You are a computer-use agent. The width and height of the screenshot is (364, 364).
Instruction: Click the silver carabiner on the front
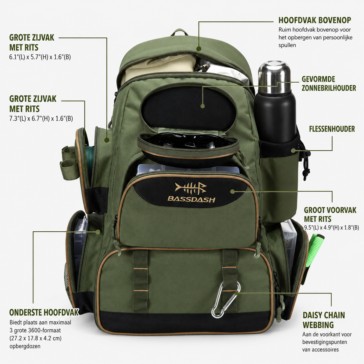pyautogui.click(x=226, y=300)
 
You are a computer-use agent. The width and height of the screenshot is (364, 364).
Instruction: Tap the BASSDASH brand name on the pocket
pyautogui.click(x=192, y=199)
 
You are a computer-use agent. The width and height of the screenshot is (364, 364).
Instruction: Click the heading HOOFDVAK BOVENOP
pyautogui.click(x=315, y=20)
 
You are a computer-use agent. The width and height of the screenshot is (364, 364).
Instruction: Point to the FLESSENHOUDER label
pyautogui.click(x=332, y=129)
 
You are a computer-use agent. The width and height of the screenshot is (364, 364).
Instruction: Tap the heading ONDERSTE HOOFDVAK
pyautogui.click(x=44, y=312)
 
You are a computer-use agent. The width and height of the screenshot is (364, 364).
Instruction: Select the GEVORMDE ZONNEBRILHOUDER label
pyautogui.click(x=329, y=84)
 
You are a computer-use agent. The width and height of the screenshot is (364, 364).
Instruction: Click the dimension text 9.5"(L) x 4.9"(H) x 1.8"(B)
pyautogui.click(x=331, y=228)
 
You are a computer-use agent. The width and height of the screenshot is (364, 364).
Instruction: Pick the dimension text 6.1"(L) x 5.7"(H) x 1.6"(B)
pyautogui.click(x=40, y=57)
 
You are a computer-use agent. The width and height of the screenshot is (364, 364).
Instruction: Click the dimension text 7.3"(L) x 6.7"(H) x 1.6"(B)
pyautogui.click(x=41, y=118)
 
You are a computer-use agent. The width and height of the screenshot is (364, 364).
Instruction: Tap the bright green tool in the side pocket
pyautogui.click(x=314, y=250)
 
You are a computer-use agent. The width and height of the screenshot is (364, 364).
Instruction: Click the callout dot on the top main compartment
pyautogui.click(x=199, y=49)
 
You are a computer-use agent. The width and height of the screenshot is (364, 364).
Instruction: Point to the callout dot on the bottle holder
pyautogui.click(x=293, y=151)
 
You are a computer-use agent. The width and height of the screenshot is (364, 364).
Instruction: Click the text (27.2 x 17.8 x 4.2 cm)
pyautogui.click(x=35, y=338)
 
